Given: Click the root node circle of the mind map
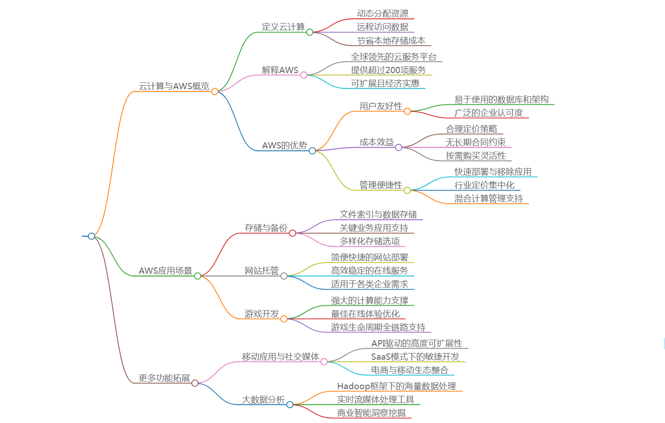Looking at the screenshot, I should [x=91, y=236].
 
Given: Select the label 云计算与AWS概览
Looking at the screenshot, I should [x=174, y=86].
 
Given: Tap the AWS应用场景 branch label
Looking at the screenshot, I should [x=165, y=271].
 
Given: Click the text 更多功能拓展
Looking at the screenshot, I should [x=164, y=378].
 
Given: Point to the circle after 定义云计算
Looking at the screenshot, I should [x=310, y=32].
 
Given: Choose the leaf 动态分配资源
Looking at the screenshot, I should [x=382, y=14].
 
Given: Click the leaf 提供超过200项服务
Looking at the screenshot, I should [x=388, y=70].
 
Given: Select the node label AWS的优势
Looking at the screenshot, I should [x=284, y=146].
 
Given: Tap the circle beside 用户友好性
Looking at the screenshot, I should [x=407, y=111].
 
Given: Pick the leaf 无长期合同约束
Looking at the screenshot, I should [x=475, y=143].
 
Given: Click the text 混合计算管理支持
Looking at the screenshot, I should [x=488, y=199].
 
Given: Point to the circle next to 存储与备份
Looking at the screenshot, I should [x=293, y=233].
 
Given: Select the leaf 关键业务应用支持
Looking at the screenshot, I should [x=374, y=228].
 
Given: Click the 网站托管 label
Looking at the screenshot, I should [x=261, y=271].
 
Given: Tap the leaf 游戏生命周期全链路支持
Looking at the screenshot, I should [x=378, y=328].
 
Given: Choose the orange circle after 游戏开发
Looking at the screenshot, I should [x=284, y=319].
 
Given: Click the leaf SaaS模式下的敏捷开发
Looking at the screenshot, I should [x=415, y=357].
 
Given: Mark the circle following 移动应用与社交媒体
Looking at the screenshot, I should [x=324, y=362].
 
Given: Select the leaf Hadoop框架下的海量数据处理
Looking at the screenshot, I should [x=396, y=386].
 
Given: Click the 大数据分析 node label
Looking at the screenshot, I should [x=263, y=400].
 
